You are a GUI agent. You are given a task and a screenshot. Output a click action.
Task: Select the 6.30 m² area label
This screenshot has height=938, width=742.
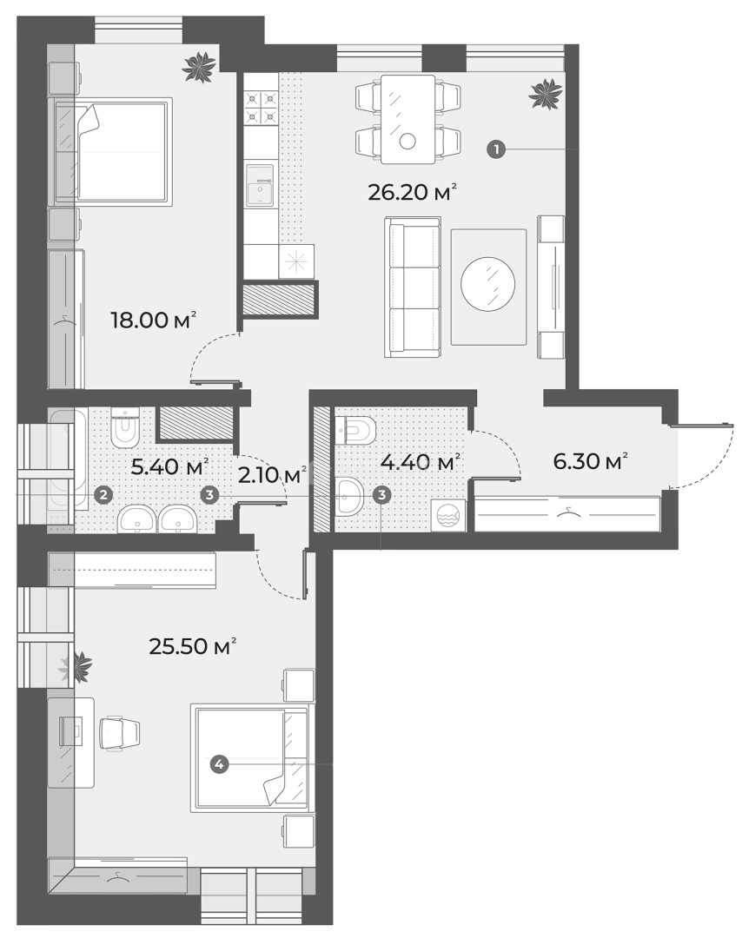point(591,461)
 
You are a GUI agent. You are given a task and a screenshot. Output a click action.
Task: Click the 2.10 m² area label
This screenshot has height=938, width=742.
point(272,474)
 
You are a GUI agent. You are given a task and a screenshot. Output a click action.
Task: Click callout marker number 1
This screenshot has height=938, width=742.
point(495,149)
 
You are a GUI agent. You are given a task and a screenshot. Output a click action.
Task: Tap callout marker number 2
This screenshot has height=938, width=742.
point(103,495)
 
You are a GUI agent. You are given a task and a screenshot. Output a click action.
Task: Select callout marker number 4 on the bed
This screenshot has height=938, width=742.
point(220,764)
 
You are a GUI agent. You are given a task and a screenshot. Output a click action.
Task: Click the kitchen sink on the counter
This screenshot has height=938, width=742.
point(260,186)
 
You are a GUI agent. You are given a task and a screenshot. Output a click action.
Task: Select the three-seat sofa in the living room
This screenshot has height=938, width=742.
point(414,287)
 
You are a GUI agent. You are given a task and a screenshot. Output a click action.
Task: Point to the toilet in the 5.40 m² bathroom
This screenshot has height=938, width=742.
point(126,426)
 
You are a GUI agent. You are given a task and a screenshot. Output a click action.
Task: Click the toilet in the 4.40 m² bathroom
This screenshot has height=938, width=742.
point(358,429)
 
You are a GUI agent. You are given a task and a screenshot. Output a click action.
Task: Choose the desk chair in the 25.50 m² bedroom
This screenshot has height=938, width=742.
point(120,731)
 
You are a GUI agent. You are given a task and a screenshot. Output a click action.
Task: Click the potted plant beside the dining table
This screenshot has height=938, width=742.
point(546,92)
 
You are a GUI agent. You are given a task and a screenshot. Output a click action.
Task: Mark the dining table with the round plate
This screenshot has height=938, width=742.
point(407,118)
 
